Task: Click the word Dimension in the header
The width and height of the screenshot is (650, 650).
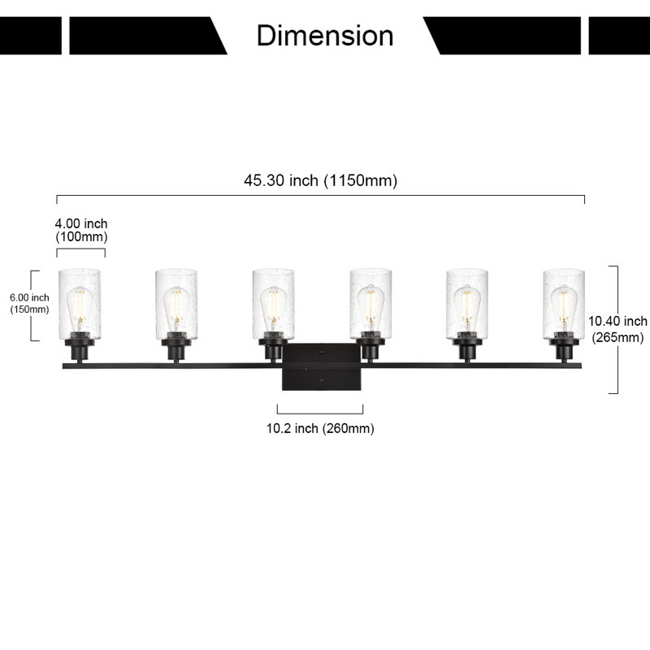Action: tap(325, 36)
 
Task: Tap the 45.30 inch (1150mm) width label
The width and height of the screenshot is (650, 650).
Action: tap(320, 180)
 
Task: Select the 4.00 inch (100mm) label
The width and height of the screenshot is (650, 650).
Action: tap(81, 230)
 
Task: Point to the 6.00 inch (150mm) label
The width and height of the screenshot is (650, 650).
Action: tap(29, 303)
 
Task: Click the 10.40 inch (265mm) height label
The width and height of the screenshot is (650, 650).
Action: tap(617, 329)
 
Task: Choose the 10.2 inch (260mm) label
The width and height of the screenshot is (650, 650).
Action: tap(320, 428)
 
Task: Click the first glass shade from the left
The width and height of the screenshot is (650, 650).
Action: tap(80, 304)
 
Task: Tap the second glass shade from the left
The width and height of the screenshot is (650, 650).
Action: tap(176, 304)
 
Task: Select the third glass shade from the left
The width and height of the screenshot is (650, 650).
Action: tap(273, 304)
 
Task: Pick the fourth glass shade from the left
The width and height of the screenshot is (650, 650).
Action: tap(370, 304)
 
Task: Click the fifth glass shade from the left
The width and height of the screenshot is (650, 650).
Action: tap(467, 304)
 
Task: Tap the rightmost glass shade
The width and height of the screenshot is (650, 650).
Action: tap(564, 304)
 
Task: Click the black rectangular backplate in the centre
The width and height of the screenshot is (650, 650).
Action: tap(321, 367)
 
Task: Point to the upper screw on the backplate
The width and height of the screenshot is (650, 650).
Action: tap(321, 353)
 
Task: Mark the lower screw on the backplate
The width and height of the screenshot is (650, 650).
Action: tap(321, 379)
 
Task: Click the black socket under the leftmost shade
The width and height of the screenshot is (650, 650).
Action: tap(80, 350)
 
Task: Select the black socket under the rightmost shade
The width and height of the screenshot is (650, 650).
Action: tap(564, 350)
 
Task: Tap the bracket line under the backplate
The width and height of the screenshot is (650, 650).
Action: tap(320, 414)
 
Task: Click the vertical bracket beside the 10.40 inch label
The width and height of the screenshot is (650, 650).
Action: tap(617, 330)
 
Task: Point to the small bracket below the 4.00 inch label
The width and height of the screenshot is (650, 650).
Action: tap(80, 249)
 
